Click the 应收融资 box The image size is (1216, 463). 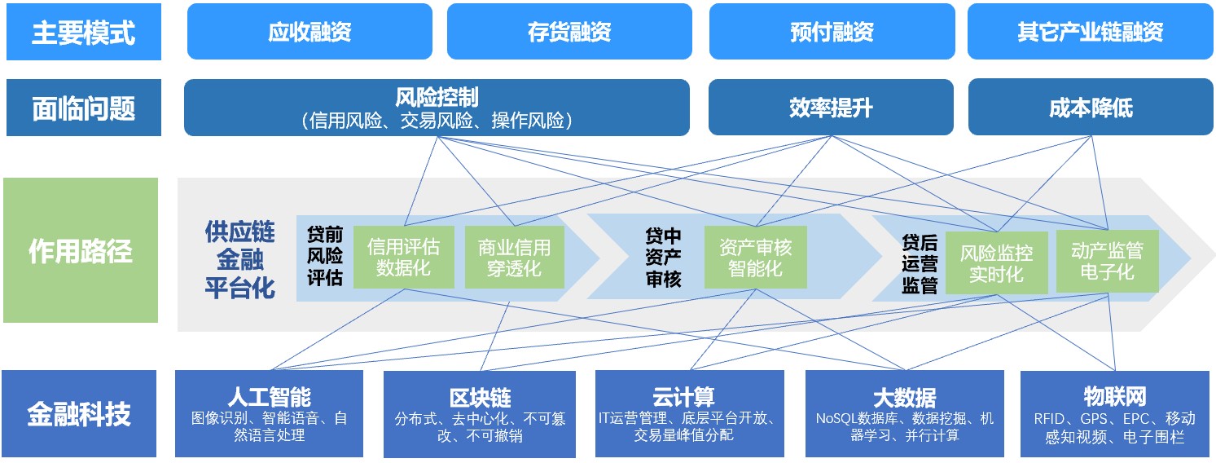(309, 32)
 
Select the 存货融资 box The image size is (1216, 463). (568, 32)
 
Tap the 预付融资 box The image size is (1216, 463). (831, 32)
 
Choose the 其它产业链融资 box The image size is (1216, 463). (1090, 32)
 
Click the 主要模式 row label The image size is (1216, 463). (83, 33)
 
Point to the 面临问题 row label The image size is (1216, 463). (83, 108)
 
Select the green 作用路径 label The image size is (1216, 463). (80, 250)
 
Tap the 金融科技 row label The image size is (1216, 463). (79, 413)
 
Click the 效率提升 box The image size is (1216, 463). (830, 107)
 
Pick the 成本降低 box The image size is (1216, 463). (1090, 107)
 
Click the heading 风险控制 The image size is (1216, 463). (437, 99)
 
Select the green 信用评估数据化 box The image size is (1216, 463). (403, 257)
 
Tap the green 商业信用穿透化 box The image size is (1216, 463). (514, 257)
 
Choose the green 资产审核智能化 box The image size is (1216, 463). (755, 257)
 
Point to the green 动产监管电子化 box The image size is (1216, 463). (1107, 261)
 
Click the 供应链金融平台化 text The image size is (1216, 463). (239, 259)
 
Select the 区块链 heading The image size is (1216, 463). (480, 398)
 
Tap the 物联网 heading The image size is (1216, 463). (1115, 397)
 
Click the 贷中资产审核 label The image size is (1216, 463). (663, 258)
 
